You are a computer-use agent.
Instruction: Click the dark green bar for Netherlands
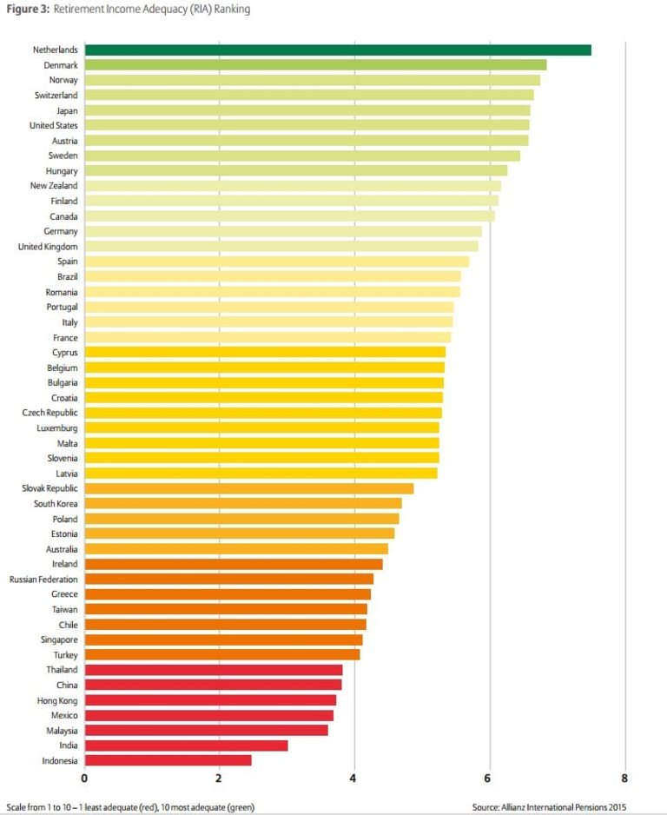point(338,50)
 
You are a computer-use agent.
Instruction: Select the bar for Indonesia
point(168,760)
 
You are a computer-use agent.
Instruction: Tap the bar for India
point(186,745)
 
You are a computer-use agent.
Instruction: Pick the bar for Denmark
point(315,65)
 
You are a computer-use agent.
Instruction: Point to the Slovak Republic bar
point(249,488)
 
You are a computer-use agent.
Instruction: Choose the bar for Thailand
point(213,670)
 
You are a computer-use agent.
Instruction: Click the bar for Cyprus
point(265,352)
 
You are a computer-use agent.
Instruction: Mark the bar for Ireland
point(234,564)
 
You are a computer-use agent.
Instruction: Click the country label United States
point(54,125)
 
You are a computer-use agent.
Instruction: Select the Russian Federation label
point(43,579)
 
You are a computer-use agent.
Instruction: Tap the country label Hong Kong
point(56,700)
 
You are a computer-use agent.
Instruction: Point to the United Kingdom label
point(48,247)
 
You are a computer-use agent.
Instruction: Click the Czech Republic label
point(50,413)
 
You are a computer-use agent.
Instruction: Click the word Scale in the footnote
point(16,806)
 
